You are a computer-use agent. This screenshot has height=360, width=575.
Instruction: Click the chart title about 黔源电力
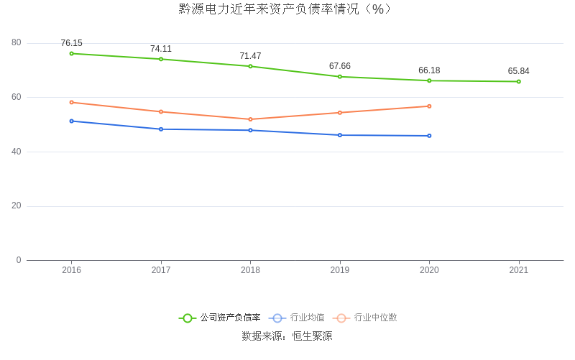[287, 9]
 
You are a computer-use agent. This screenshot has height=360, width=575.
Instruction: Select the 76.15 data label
[71, 43]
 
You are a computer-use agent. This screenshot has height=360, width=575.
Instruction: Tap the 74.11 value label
[161, 49]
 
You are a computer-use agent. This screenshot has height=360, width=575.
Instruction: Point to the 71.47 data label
[250, 56]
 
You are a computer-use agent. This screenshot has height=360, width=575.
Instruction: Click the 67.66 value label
[340, 66]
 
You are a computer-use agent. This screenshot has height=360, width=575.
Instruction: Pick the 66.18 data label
[429, 70]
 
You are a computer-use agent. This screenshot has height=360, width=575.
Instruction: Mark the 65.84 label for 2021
[518, 71]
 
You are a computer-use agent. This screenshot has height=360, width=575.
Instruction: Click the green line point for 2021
[518, 81]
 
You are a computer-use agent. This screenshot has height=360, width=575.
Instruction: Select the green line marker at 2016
[71, 53]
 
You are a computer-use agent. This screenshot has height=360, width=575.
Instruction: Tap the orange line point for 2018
[250, 119]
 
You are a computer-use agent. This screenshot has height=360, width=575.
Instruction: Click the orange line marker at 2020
[429, 106]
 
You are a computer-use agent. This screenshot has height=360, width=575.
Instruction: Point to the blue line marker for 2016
[71, 121]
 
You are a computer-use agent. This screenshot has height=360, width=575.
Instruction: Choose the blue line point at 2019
[340, 135]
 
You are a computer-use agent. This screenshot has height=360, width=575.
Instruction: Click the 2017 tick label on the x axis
[161, 270]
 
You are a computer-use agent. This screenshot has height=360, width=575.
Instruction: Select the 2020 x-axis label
[429, 270]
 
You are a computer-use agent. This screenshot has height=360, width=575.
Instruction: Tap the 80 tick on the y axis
[17, 43]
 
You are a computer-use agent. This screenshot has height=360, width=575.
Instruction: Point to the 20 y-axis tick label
[17, 206]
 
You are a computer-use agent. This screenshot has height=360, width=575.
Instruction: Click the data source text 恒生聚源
[312, 336]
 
